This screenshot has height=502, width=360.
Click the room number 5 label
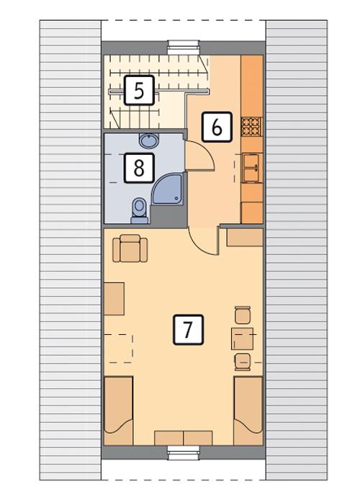[x=139, y=91]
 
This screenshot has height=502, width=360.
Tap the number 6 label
[x=217, y=127]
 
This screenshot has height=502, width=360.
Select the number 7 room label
[x=188, y=330]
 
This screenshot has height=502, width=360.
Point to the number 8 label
[x=139, y=168]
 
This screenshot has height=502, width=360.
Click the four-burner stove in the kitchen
[x=251, y=127]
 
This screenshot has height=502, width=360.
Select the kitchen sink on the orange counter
[x=251, y=167]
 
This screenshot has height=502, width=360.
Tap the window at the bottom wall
[x=183, y=452]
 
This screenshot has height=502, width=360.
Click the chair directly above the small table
[x=243, y=315]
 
